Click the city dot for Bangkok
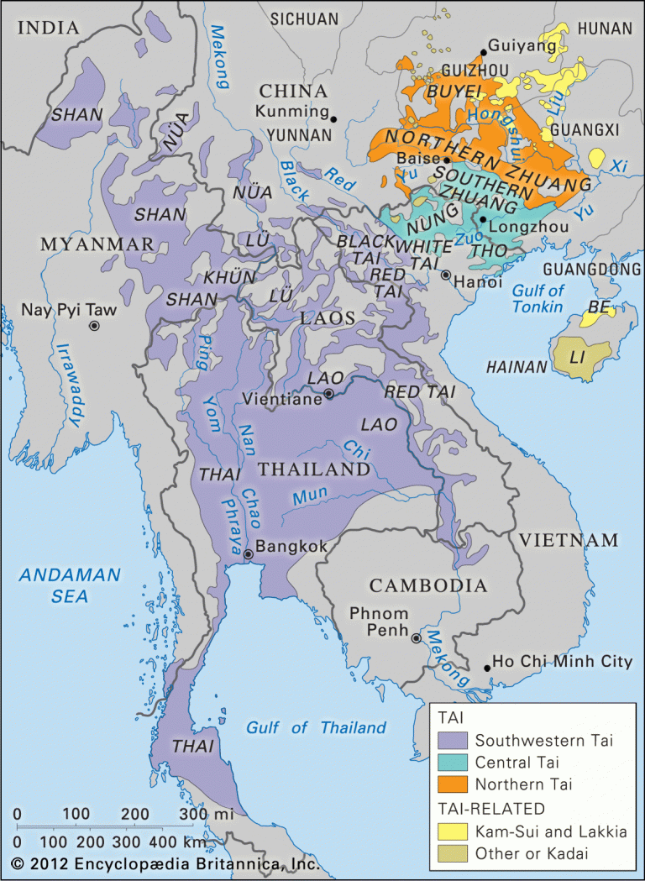248,554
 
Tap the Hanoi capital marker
446,275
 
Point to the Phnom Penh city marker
416,639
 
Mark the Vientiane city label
282,400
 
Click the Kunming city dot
333,118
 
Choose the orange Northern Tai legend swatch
452,785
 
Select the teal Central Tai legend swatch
452,763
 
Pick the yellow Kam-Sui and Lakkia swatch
452,831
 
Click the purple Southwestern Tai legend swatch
452,740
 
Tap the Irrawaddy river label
71,386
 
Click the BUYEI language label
454,90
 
